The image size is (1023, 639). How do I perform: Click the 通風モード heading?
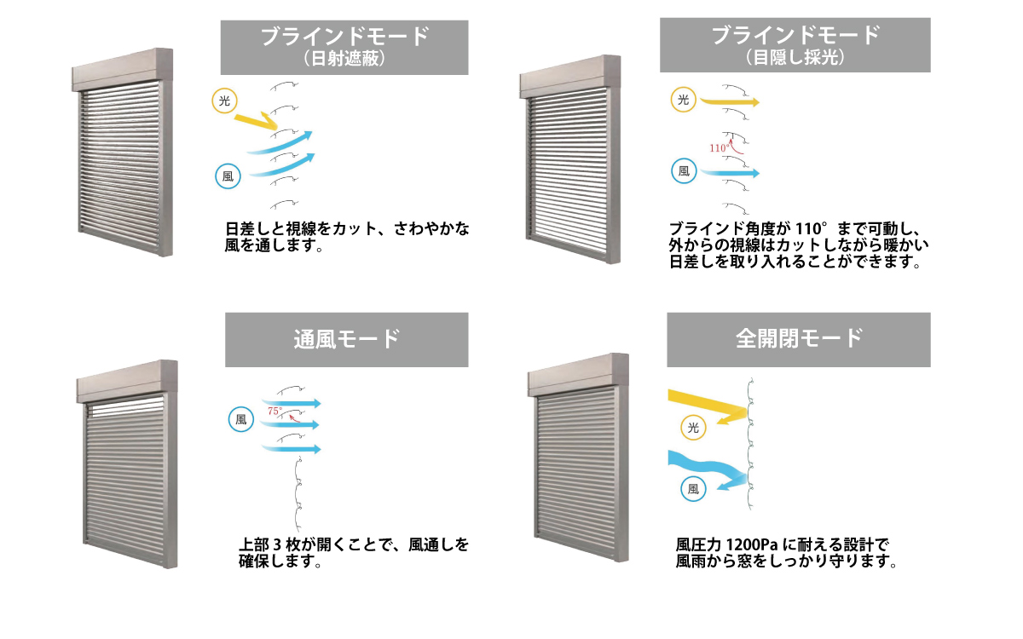coord(347,340)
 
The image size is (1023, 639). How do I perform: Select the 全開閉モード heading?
coord(799,339)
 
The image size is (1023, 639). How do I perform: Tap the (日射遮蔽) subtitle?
coord(344,59)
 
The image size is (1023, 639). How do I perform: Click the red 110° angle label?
coord(718,148)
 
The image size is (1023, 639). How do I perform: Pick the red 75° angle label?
coord(275,411)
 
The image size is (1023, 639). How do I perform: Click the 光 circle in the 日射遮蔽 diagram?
coord(224,101)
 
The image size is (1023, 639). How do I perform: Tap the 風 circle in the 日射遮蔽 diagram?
coord(228,176)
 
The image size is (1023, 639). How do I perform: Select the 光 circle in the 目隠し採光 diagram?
coord(683,100)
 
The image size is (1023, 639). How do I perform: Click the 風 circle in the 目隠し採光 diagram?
coord(684,171)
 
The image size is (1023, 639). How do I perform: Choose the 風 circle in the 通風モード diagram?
coord(241,419)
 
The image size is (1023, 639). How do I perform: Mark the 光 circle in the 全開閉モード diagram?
coord(693,428)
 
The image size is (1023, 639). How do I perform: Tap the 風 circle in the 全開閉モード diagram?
coord(693,489)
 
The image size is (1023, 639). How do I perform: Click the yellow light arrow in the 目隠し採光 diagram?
coord(730,101)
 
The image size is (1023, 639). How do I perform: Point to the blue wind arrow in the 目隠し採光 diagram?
coord(730,173)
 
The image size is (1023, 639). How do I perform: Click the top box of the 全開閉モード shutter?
coord(578,375)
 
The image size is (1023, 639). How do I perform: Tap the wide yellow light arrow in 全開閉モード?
coord(708,406)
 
